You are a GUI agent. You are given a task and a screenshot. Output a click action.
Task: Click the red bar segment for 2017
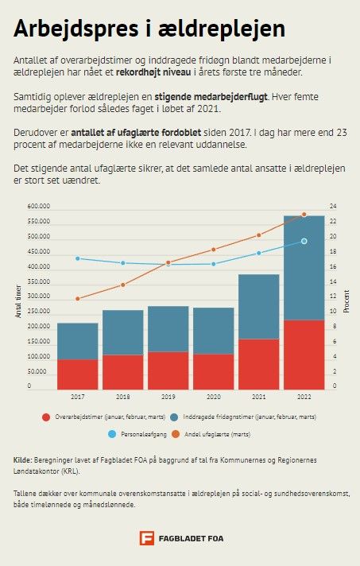tap(78, 374)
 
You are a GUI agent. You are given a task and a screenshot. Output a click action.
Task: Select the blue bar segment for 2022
tap(304, 268)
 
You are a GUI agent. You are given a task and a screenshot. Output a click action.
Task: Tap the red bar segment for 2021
tap(258, 364)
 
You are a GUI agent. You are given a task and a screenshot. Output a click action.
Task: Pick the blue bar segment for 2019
tap(168, 329)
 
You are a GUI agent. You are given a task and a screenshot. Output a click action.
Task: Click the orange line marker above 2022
tap(304, 215)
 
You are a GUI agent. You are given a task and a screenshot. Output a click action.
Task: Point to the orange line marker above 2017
tap(78, 299)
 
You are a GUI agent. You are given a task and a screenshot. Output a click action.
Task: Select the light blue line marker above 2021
tap(258, 253)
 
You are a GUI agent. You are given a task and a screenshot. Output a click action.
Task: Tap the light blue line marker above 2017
tap(78, 258)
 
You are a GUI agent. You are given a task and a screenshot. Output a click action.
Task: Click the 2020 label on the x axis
tap(214, 397)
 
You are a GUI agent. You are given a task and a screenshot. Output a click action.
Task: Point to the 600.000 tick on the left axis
tap(39, 207)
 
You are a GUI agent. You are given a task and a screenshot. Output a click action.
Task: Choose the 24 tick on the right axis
tap(333, 207)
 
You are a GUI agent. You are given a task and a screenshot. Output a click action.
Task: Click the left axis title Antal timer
tap(18, 301)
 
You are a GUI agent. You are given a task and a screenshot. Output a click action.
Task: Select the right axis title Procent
tap(346, 301)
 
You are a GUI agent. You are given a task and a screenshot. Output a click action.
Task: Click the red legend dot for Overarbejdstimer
tap(46, 417)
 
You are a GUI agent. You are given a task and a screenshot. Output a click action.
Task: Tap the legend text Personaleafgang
tap(144, 434)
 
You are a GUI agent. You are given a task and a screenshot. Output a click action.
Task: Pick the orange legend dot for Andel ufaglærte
tap(176, 434)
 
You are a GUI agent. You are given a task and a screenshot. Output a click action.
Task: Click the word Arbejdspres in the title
tap(76, 29)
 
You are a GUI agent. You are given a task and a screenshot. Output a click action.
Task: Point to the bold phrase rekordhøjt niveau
tap(153, 72)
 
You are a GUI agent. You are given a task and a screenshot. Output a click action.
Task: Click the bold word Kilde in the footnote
tap(23, 460)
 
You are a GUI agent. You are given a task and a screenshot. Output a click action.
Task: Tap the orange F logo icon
tap(147, 538)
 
